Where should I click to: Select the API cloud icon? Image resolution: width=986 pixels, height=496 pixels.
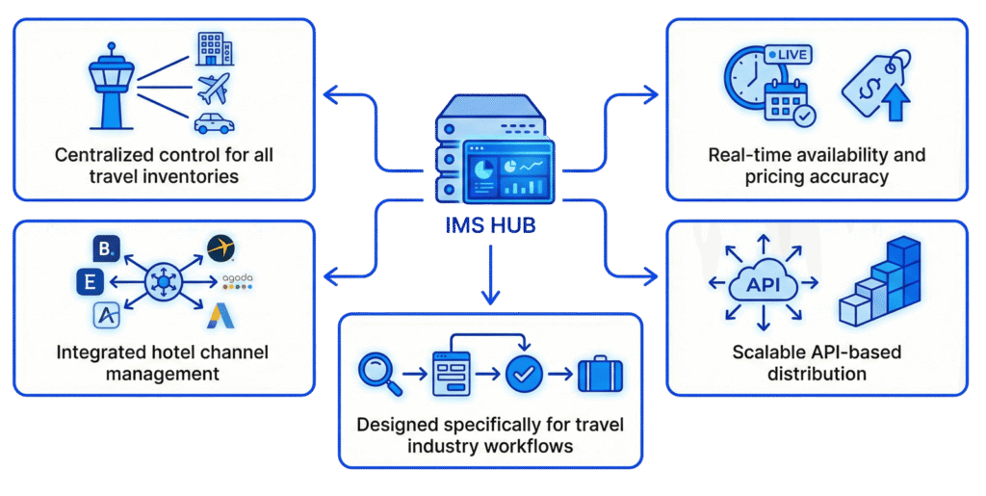tap(763, 283)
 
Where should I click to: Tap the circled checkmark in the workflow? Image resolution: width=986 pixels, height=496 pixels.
tap(526, 373)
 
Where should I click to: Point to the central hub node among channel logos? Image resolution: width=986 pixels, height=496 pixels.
tap(162, 282)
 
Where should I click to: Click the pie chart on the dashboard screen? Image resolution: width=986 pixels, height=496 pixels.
tap(482, 165)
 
